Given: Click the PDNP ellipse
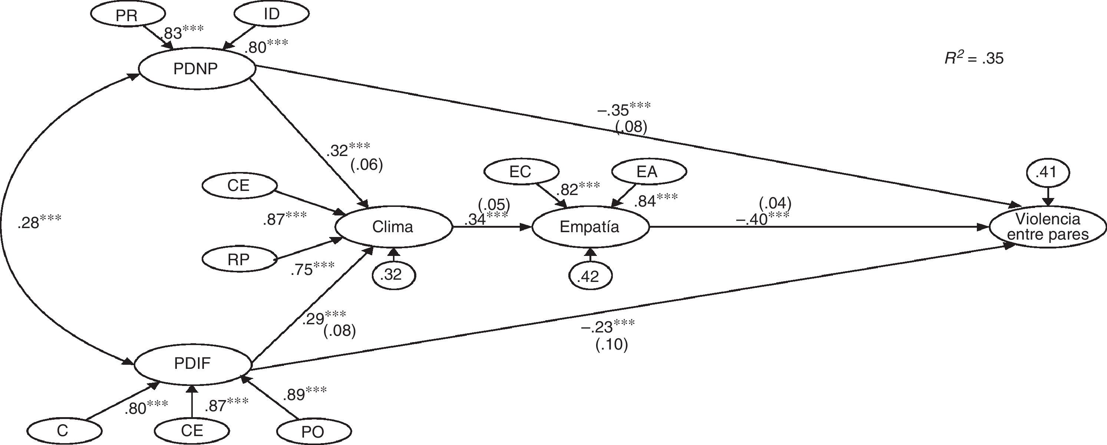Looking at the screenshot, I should (196, 69).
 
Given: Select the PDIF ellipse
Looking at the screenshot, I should (192, 364).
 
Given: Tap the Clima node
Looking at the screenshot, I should (393, 227).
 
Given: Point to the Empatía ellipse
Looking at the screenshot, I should (589, 227).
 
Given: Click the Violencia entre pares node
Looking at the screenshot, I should (1048, 227).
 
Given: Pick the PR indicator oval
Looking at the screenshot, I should (127, 16).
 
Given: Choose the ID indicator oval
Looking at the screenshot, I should (272, 14).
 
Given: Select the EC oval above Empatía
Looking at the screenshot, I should (521, 172).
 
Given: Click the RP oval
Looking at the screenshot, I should (238, 259).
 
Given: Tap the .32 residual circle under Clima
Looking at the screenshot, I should (391, 275).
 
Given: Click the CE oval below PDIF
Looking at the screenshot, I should (192, 431).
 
